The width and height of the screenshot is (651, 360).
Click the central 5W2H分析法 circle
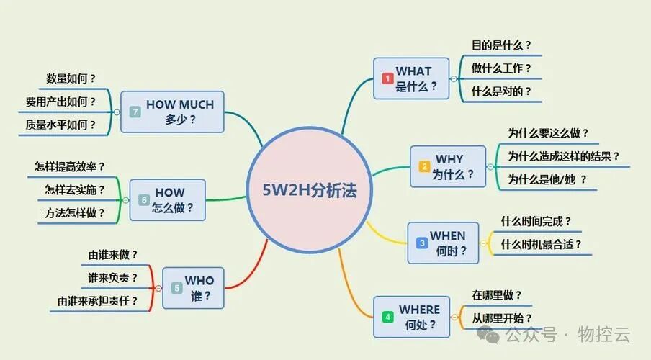[310, 191]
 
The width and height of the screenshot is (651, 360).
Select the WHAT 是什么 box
[411, 78]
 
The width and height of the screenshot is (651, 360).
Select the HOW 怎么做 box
[167, 200]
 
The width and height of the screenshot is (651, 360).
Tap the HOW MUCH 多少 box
[172, 112]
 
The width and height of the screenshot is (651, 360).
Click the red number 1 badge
[387, 78]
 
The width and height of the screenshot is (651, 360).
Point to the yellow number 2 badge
[424, 166]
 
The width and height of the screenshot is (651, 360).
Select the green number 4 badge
[387, 317]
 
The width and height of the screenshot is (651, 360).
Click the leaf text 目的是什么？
[501, 45]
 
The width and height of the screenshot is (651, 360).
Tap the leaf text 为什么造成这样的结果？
[563, 156]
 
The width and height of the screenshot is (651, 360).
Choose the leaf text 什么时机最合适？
[541, 244]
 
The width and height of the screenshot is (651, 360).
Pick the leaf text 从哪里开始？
[502, 318]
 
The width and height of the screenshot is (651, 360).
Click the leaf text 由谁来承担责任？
[97, 301]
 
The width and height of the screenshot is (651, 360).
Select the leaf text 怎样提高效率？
[74, 166]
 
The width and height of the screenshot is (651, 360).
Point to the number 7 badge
[135, 112]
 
